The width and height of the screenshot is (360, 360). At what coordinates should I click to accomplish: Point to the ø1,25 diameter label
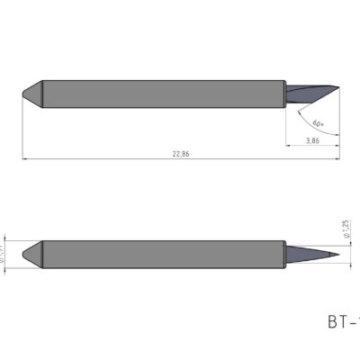pos(346,233)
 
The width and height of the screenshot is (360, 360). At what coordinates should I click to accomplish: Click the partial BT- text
pos(343,321)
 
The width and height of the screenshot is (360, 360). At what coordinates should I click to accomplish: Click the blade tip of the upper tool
pos(338,87)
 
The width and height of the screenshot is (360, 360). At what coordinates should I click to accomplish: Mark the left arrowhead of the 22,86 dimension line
pos(23,159)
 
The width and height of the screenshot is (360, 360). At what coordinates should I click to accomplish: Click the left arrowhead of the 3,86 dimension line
pos(288,147)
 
